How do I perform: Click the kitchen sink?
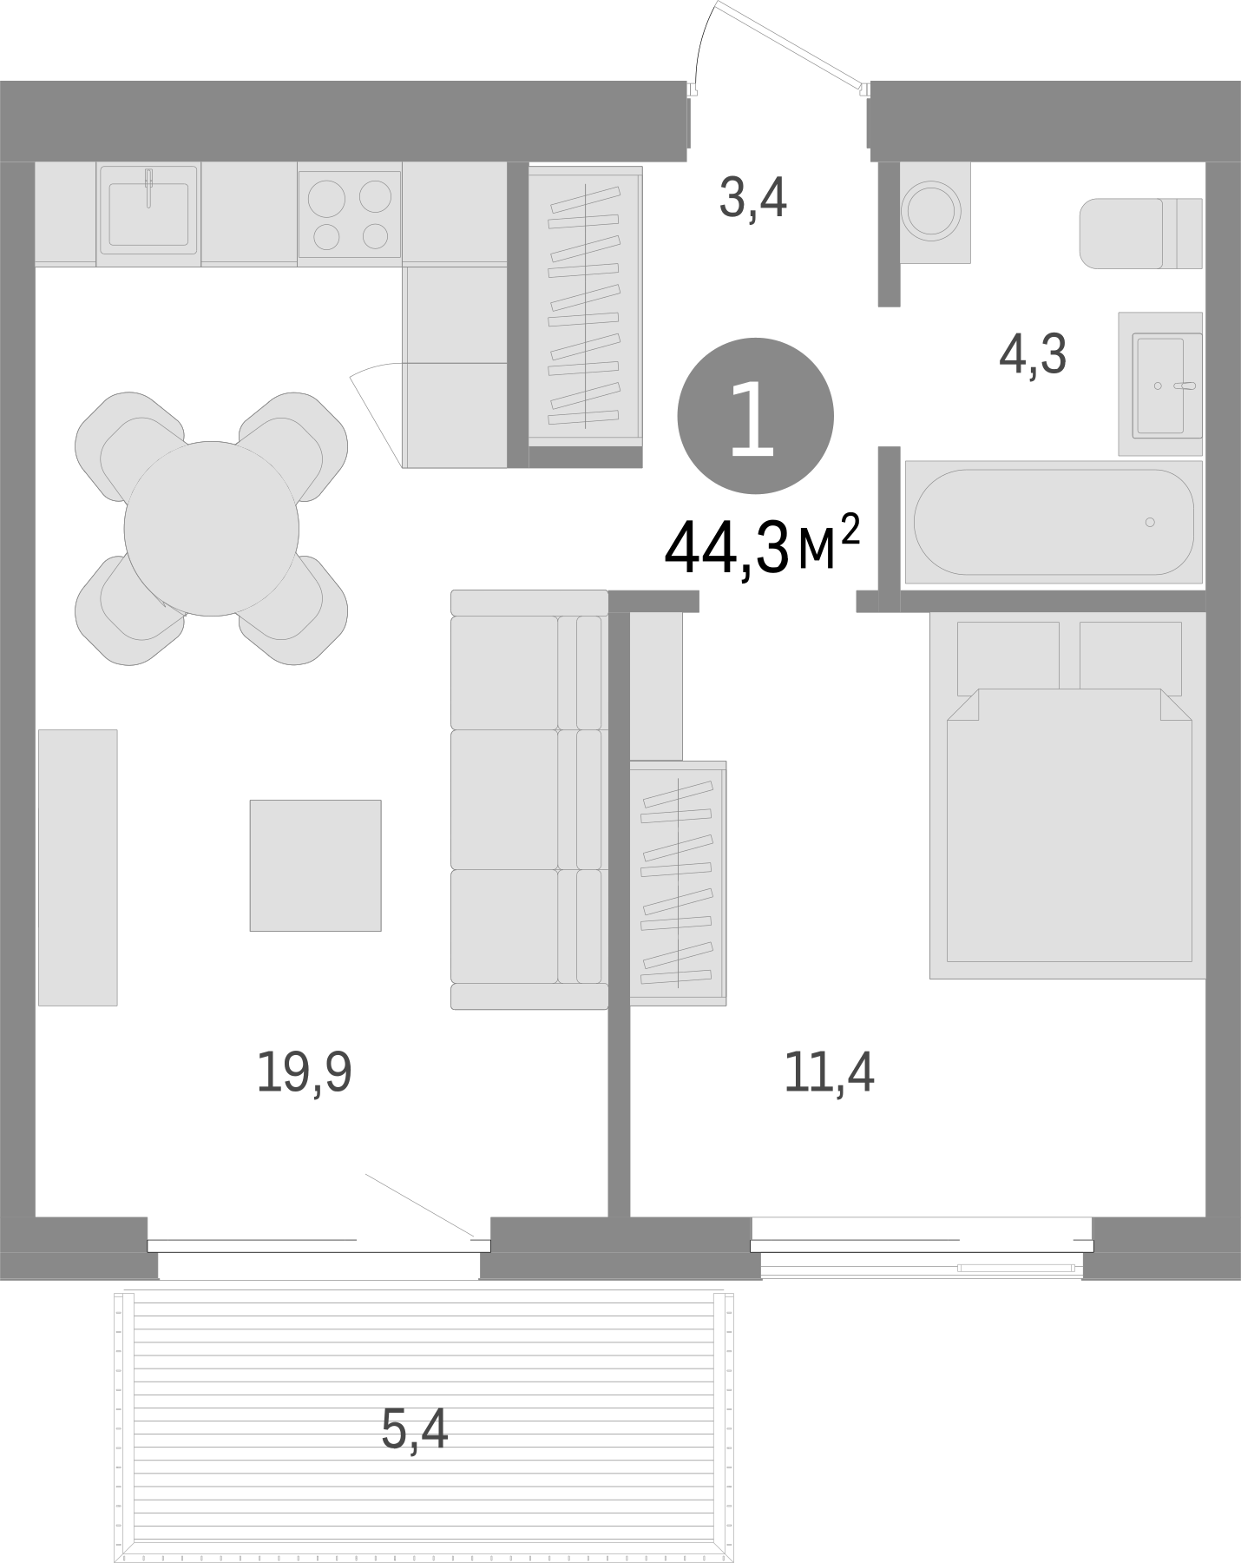(148, 213)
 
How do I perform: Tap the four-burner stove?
(350, 214)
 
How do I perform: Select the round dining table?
(211, 528)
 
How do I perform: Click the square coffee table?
(315, 865)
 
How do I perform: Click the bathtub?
(1053, 522)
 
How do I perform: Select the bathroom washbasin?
(1159, 384)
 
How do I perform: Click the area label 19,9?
(304, 1072)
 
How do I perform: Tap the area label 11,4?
(829, 1072)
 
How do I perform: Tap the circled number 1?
(754, 418)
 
